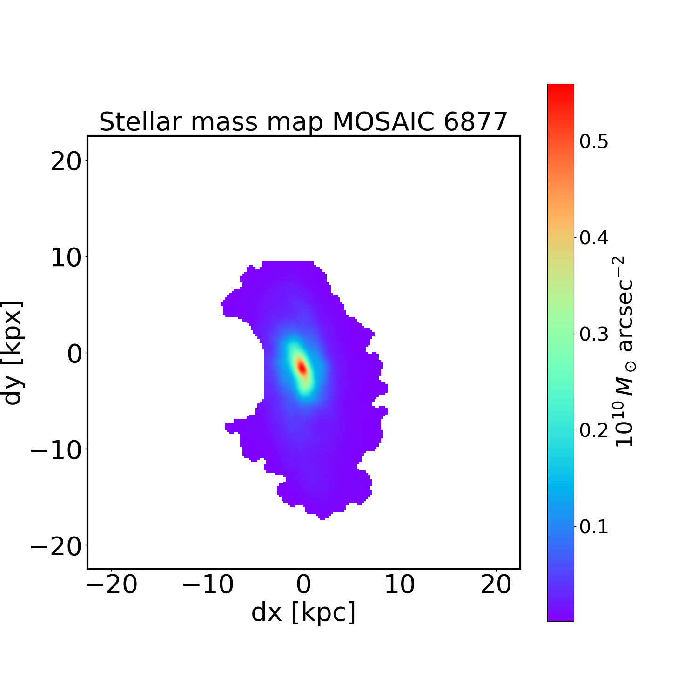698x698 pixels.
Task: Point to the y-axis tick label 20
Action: point(65,162)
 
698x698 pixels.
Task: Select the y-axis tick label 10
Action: point(65,258)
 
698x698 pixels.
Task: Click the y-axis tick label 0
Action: point(74,355)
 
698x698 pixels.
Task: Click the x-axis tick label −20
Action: point(112,585)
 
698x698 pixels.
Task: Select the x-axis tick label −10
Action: point(208,585)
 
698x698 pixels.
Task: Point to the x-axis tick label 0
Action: point(304,585)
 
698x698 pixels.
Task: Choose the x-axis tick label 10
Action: point(400,585)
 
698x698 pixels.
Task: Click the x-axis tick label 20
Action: point(496,585)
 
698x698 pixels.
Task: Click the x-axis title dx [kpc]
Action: point(303,612)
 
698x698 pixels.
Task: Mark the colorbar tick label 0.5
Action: point(594,141)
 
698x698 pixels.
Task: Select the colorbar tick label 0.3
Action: point(594,334)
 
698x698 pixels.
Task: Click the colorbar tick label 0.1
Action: point(594,527)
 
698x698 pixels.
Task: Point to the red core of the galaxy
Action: point(302,368)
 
